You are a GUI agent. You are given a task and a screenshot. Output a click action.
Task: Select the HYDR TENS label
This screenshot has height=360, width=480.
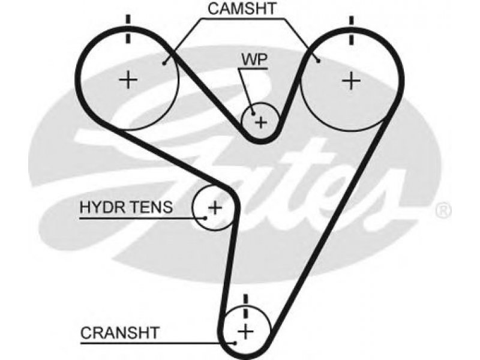127,208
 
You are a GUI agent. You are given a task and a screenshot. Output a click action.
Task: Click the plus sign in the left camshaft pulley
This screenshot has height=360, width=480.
128,80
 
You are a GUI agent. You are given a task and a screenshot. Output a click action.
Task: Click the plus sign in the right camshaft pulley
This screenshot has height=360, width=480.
352,80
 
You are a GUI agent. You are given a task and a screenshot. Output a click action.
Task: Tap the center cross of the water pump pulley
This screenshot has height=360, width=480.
261,122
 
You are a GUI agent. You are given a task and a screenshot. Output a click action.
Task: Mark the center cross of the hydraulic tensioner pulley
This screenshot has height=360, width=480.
214,208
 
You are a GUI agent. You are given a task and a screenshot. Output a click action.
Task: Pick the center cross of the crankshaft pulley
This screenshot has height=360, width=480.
245,331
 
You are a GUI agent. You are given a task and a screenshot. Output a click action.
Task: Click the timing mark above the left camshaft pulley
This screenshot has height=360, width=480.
128,28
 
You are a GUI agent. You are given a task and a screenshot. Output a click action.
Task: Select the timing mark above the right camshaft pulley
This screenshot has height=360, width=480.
352,28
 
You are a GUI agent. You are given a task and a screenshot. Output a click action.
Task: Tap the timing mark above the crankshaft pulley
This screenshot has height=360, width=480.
245,305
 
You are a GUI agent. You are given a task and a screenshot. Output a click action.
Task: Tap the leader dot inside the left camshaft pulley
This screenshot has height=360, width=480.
164,61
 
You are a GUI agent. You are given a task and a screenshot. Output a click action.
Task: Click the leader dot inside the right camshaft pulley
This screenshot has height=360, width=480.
319,61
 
